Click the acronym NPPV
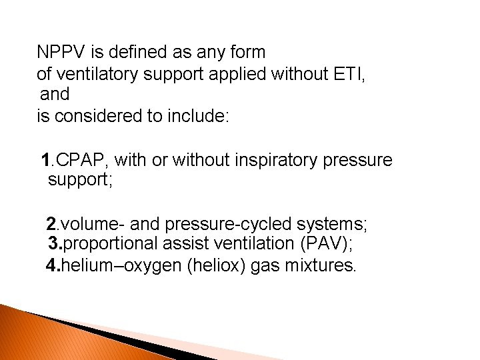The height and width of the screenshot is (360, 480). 61,51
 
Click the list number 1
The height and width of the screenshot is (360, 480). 45,160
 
